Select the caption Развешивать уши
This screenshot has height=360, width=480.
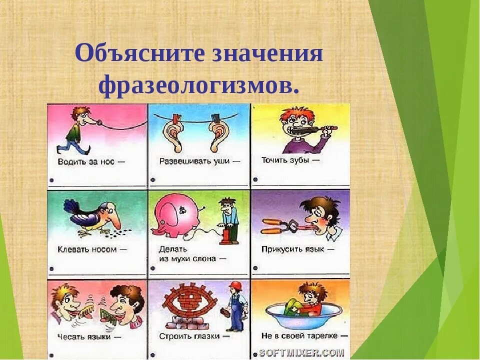tap(194, 161)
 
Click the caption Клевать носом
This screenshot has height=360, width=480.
tap(87, 249)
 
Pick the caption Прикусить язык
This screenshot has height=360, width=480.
tap(292, 249)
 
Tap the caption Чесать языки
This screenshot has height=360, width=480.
tap(84, 336)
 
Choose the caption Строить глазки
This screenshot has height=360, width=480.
tap(189, 336)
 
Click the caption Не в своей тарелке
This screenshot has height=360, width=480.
tap(299, 336)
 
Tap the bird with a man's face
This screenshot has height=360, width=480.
tap(95, 217)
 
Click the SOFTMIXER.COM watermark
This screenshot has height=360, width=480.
tap(301, 352)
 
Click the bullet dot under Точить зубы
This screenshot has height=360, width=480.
tap(255, 179)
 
